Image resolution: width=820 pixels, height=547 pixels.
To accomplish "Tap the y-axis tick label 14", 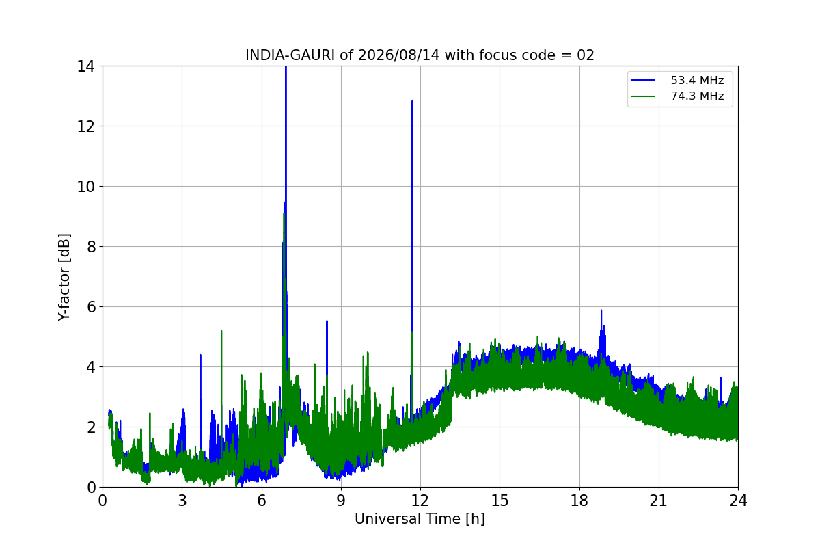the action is pos(85,67).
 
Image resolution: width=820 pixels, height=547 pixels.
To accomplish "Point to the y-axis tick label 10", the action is pos(85,187).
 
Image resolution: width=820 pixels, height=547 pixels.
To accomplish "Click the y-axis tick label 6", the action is pos(91,307).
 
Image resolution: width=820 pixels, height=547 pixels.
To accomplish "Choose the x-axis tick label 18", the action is pos(579,501).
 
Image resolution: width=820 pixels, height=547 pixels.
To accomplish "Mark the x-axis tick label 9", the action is pos(341,501).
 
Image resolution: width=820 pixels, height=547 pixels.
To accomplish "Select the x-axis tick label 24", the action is pos(738,501).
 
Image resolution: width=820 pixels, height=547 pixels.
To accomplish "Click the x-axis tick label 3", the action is pos(182,501).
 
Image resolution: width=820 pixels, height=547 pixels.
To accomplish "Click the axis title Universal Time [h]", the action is pos(420,519).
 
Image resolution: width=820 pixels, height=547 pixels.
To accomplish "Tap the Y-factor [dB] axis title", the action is pos(64,278).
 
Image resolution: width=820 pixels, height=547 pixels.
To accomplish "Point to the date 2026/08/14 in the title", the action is pos(398,55).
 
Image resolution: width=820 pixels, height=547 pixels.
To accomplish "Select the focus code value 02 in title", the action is pos(586,55).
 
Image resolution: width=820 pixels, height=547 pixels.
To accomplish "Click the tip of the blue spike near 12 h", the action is pos(412,101).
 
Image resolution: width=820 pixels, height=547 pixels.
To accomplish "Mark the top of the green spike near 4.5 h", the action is pos(221,331).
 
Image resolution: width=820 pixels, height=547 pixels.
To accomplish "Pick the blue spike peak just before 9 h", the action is pos(327,321).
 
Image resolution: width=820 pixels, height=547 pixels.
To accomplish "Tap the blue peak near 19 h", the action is pos(601,310).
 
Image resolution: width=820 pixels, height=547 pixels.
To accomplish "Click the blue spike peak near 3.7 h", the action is pos(200,355).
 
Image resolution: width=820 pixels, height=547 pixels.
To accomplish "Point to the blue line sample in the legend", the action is pos(643,80).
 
